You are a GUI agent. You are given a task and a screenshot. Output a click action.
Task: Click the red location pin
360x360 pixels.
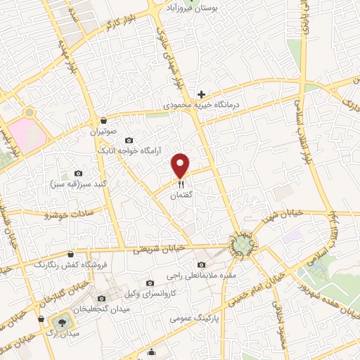(181, 165)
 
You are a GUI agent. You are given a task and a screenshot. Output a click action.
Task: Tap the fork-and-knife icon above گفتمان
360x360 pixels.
(181, 184)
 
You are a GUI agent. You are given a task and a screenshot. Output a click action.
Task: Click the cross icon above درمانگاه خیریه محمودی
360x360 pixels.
(201, 94)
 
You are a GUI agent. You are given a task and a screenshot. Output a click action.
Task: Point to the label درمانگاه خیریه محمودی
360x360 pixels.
(202, 105)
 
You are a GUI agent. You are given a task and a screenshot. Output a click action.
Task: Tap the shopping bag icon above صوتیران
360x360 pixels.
(103, 120)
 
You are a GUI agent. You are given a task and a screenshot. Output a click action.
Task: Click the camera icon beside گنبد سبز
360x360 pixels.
(78, 173)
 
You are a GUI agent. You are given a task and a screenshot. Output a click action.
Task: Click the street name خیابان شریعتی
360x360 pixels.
(162, 249)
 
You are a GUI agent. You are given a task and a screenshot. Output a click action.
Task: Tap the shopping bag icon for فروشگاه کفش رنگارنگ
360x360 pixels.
(70, 255)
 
